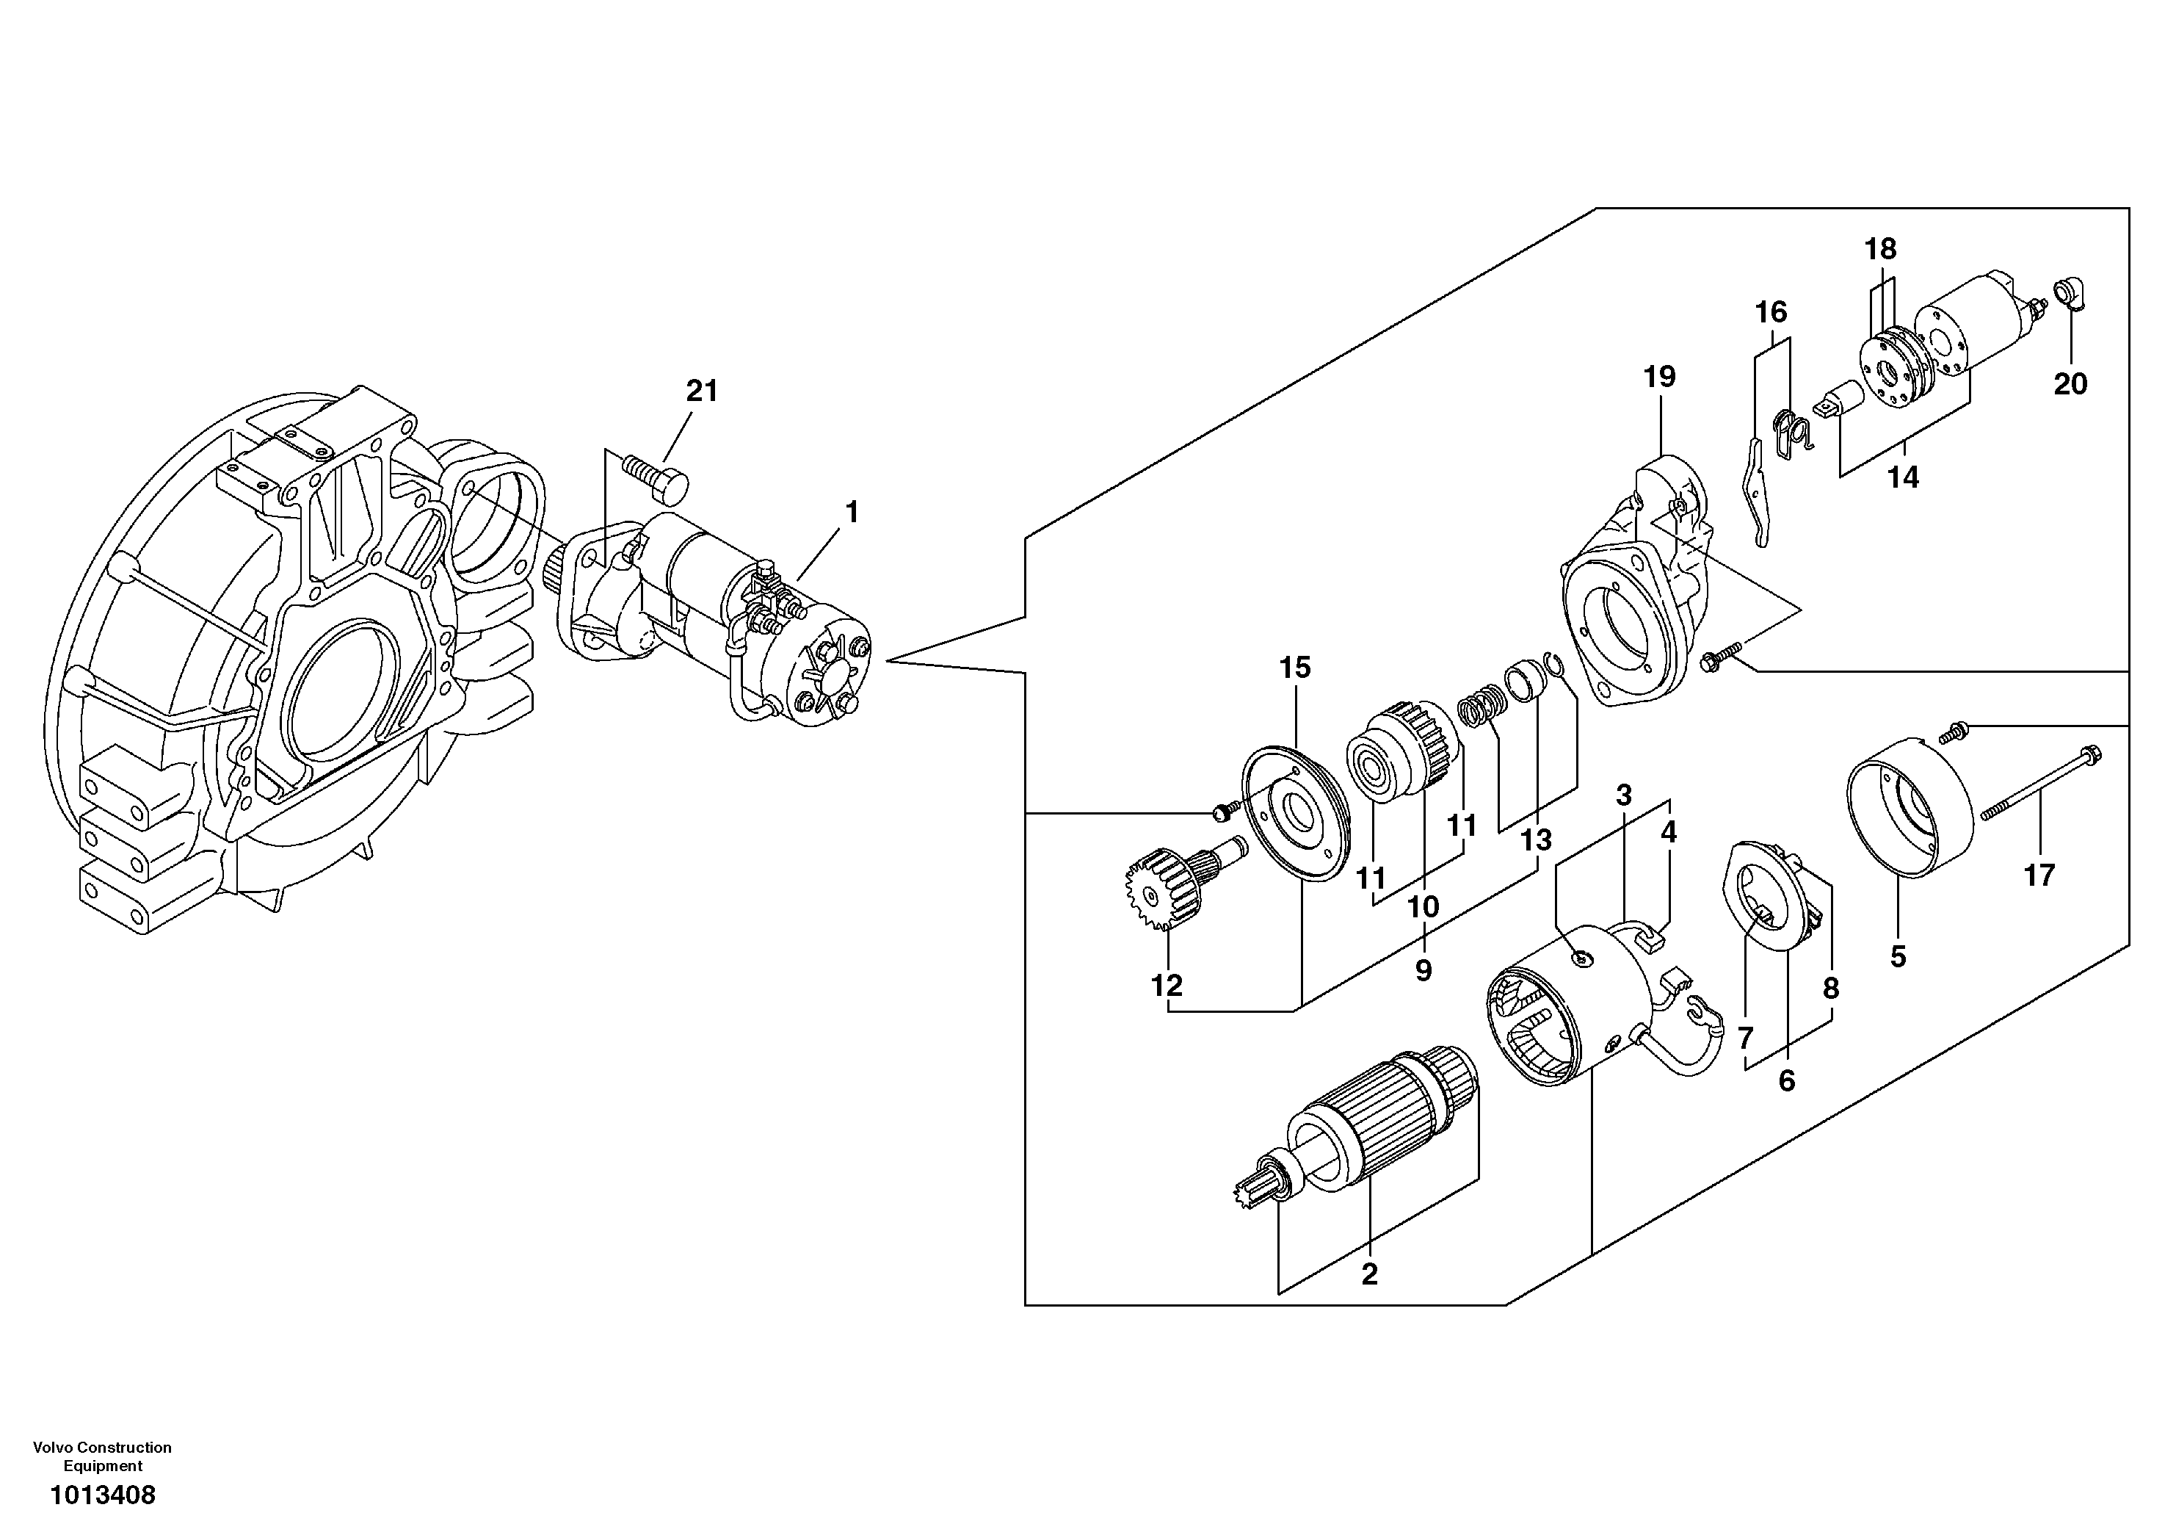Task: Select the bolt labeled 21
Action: pos(655,476)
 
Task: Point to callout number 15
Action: pos(1294,668)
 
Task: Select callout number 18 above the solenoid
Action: pos(1880,250)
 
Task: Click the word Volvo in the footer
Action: pos(52,1448)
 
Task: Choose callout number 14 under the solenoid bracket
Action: pos(1902,477)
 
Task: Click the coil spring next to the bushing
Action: pos(1482,710)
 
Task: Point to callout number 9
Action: pos(1424,970)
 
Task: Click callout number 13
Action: pos(1535,840)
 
